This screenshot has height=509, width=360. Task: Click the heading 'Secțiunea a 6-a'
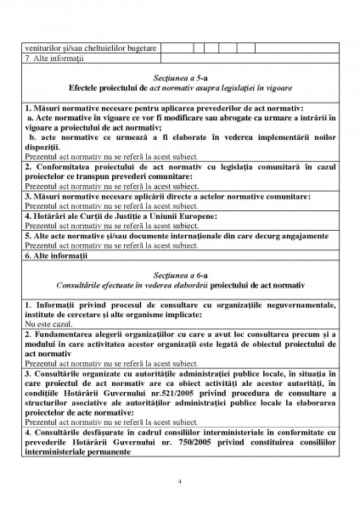pos(180,276)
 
